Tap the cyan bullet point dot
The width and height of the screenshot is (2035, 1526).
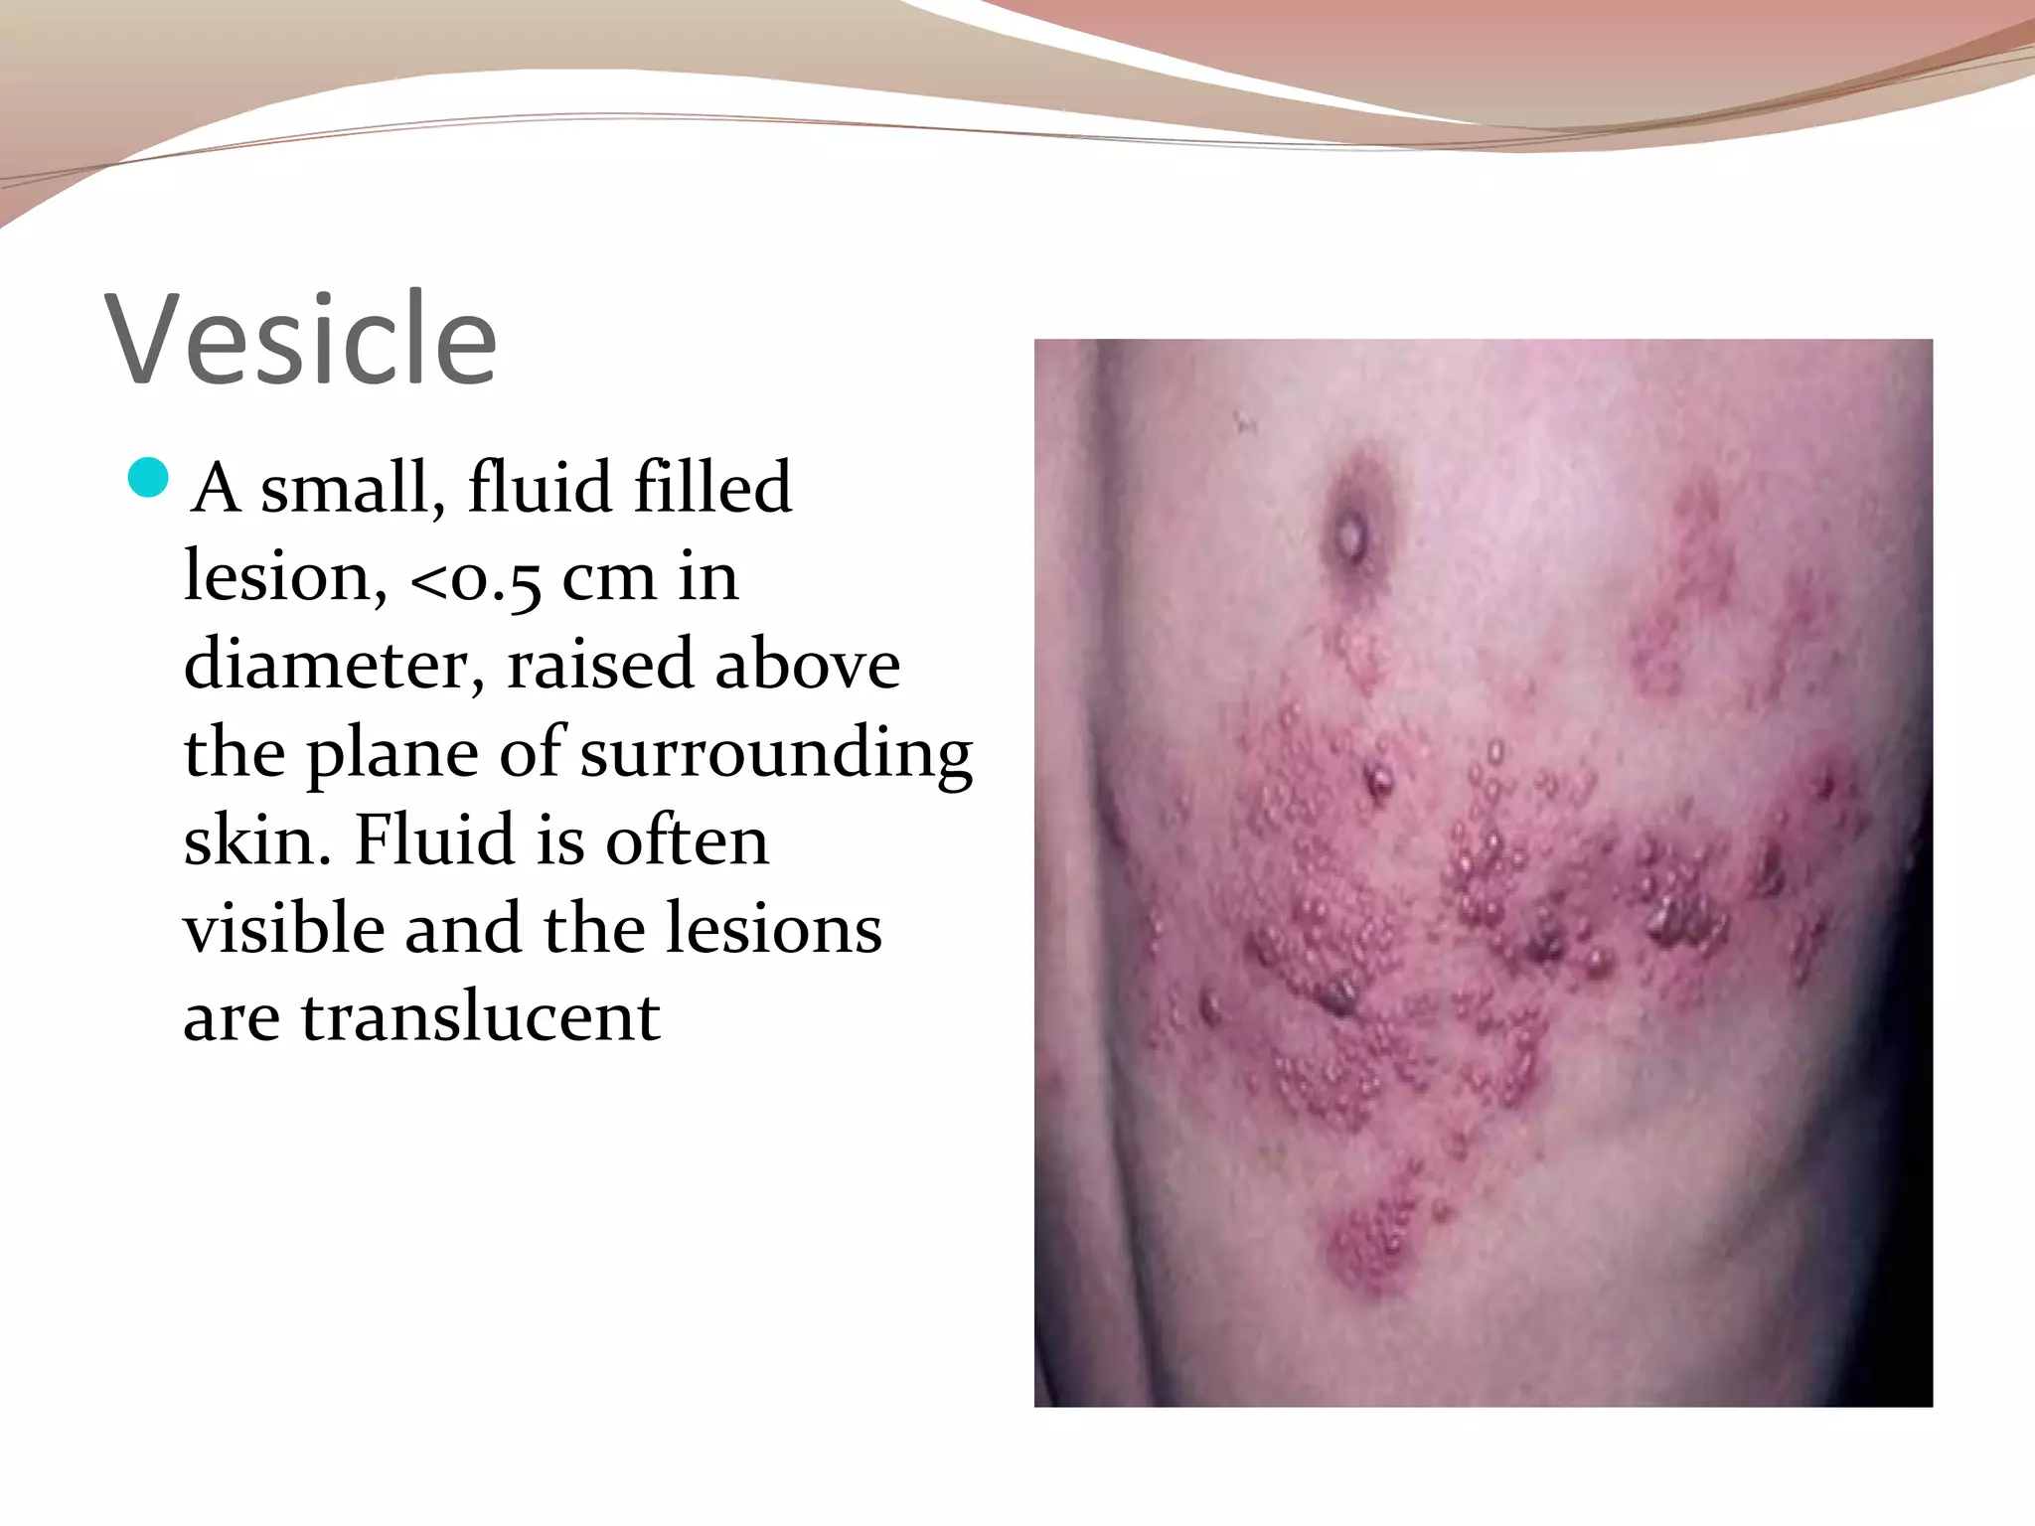149,478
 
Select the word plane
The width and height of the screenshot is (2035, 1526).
392,754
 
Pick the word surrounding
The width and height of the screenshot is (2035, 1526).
776,754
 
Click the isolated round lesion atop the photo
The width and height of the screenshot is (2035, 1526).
1351,537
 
